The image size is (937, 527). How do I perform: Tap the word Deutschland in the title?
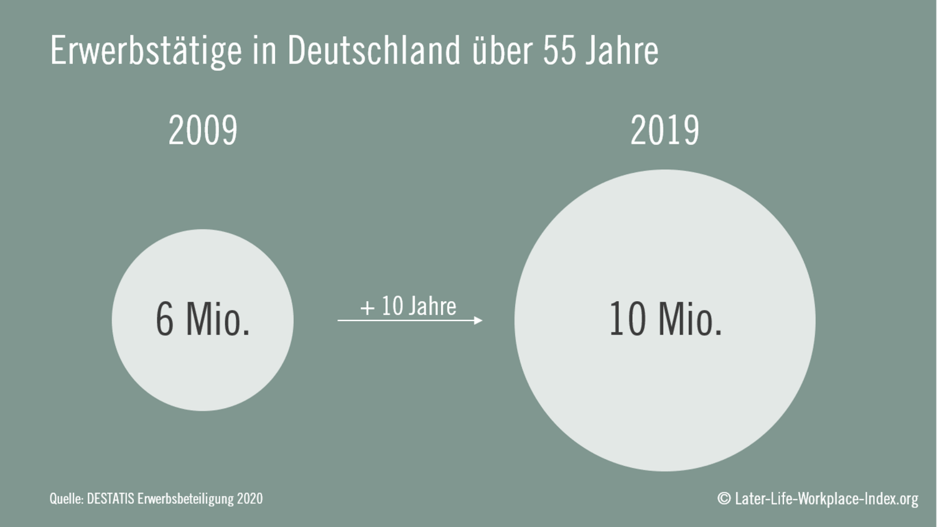373,50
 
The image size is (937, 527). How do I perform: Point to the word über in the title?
501,50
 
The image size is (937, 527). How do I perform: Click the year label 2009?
203,131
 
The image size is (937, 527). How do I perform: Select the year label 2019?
664,131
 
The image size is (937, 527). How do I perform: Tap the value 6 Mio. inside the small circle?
203,319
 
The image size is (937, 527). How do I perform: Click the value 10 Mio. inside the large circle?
665,319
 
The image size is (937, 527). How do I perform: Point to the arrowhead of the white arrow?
478,320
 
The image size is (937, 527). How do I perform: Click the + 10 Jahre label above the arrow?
408,306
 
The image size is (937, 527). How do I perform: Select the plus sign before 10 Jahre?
367,307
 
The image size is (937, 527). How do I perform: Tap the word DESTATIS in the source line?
110,498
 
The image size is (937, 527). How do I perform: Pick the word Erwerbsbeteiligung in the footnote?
185,499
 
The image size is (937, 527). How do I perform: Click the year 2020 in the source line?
249,498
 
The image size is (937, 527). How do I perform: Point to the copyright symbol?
724,498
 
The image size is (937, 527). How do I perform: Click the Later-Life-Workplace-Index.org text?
826,498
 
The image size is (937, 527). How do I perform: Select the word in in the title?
264,50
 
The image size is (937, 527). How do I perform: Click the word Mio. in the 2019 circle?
689,319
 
